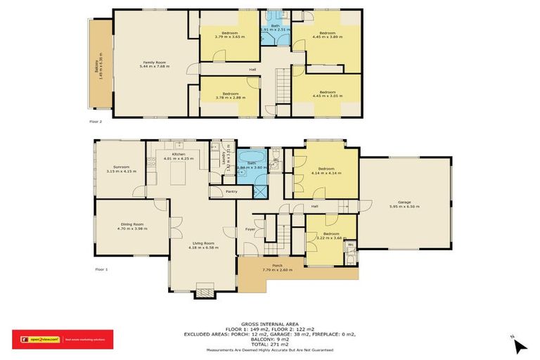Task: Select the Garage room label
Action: [403, 202]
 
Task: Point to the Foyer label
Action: [250, 229]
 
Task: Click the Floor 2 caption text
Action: [96, 121]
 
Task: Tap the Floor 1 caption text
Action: [101, 269]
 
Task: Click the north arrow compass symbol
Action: [519, 345]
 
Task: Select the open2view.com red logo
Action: [35, 339]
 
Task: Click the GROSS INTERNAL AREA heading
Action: [270, 317]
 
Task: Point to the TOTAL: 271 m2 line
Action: [270, 343]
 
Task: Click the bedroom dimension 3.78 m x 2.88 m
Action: [230, 98]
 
